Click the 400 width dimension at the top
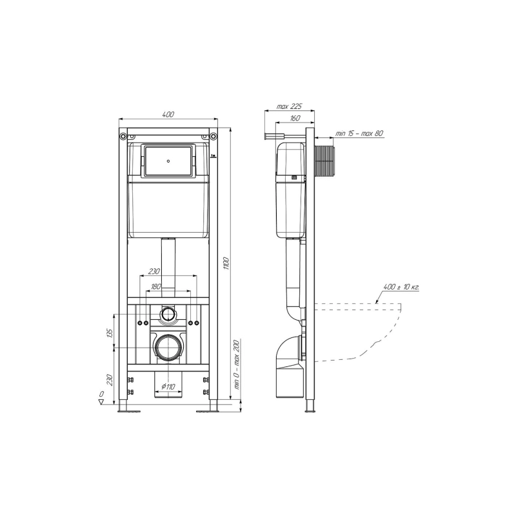click(168, 115)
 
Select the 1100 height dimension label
click(226, 264)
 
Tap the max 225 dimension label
click(289, 106)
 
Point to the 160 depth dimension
click(295, 118)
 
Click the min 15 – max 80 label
click(359, 134)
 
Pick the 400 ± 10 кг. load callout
click(401, 287)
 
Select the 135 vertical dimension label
click(110, 333)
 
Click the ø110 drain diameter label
click(168, 386)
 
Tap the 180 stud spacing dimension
click(156, 286)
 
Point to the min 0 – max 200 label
click(237, 364)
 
